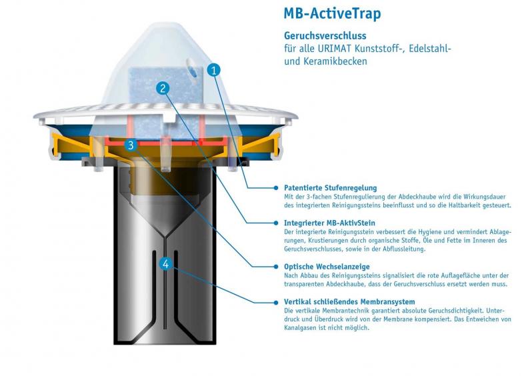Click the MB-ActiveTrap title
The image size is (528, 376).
tap(333, 14)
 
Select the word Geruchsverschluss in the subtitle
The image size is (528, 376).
tap(325, 36)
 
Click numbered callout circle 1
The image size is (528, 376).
tap(214, 71)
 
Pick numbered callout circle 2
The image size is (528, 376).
tap(163, 89)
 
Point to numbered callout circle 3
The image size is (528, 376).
tap(131, 145)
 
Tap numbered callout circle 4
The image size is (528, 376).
tap(166, 264)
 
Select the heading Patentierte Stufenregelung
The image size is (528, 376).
tap(331, 188)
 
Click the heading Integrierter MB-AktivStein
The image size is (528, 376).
tap(329, 223)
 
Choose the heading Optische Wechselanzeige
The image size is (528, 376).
tap(327, 267)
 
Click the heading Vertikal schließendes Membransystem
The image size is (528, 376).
tap(349, 301)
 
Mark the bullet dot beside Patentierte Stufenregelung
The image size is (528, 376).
tap(276, 188)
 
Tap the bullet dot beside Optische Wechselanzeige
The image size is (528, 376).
tap(276, 267)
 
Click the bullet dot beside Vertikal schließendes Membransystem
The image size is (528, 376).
tap(276, 302)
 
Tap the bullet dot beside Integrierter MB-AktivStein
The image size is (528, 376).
tap(276, 223)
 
